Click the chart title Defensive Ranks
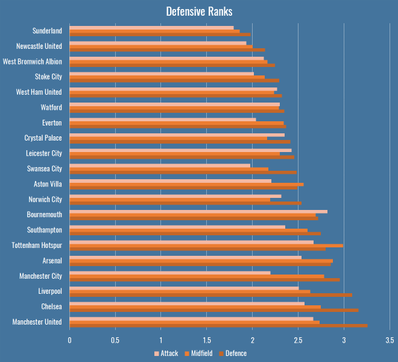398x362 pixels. pyautogui.click(x=199, y=12)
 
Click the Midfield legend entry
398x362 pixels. pyautogui.click(x=200, y=354)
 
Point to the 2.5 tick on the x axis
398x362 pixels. pyautogui.click(x=298, y=340)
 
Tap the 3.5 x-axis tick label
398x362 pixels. pyautogui.click(x=390, y=340)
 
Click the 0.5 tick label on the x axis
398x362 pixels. pyautogui.click(x=115, y=340)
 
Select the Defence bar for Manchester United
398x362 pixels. pyautogui.click(x=218, y=326)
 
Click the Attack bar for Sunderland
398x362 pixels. pyautogui.click(x=151, y=27)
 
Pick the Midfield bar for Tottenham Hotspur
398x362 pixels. pyautogui.click(x=206, y=246)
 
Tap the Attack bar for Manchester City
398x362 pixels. pyautogui.click(x=170, y=273)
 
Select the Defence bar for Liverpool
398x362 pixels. pyautogui.click(x=210, y=295)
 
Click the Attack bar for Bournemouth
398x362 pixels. pyautogui.click(x=198, y=211)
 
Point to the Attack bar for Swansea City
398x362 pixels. pyautogui.click(x=160, y=165)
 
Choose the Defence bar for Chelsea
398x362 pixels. pyautogui.click(x=214, y=310)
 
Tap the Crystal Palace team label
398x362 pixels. pyautogui.click(x=43, y=138)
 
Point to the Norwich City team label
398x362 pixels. pyautogui.click(x=45, y=200)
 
